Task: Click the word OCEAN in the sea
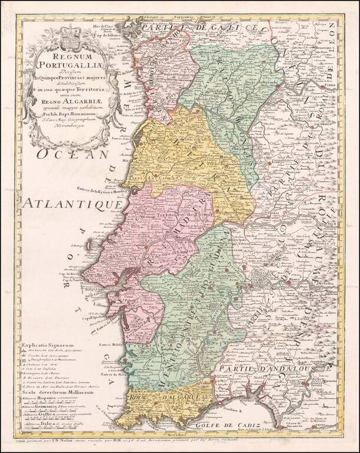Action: (x=72, y=155)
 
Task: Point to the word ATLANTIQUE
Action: (x=71, y=206)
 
